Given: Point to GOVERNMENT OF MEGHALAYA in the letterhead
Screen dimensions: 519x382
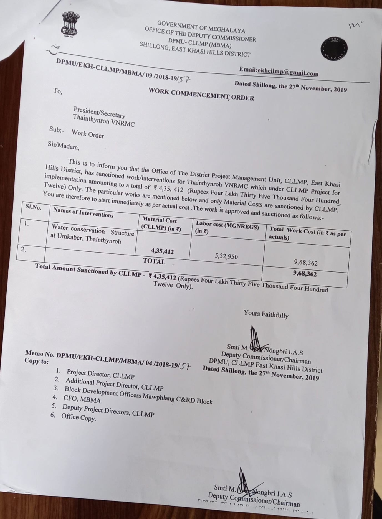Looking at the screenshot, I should pyautogui.click(x=201, y=27).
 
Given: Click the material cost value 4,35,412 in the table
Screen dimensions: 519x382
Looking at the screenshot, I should pyautogui.click(x=162, y=251).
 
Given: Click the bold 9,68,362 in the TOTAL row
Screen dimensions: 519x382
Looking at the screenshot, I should pyautogui.click(x=305, y=274).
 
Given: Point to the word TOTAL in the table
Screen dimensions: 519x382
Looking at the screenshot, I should pyautogui.click(x=154, y=261).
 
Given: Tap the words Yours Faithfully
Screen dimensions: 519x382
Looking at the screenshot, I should pyautogui.click(x=266, y=314).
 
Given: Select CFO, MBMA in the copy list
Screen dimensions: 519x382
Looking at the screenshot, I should pyautogui.click(x=82, y=399).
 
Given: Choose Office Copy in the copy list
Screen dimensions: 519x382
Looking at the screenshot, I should pyautogui.click(x=79, y=417).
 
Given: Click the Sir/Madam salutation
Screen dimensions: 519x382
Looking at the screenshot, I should pyautogui.click(x=64, y=146).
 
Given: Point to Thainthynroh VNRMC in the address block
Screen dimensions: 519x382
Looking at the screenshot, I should pyautogui.click(x=104, y=121).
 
